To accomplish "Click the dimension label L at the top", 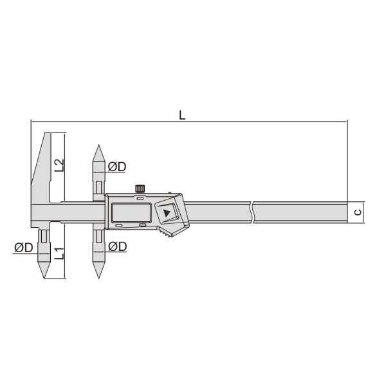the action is (x=182, y=115).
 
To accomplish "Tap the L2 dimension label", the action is (x=59, y=165).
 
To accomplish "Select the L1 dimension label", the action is (x=59, y=253).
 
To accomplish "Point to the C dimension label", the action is (x=358, y=212).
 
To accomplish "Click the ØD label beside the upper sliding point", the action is (x=117, y=167).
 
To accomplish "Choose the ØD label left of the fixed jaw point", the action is (x=23, y=248).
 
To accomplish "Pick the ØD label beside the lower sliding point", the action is (x=118, y=246).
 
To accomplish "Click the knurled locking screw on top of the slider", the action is (x=140, y=188).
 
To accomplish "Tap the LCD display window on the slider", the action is (x=131, y=212).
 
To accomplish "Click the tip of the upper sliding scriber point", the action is (x=98, y=145).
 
